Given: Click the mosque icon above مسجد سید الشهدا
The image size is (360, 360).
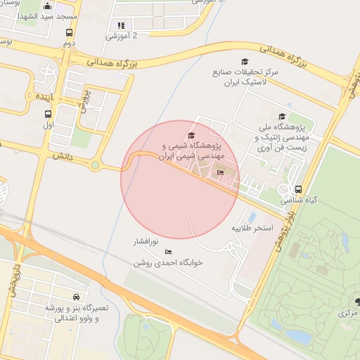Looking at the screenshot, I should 47,6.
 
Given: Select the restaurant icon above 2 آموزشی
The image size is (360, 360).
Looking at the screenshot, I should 121,25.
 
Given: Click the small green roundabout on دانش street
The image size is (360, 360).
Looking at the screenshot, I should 94,166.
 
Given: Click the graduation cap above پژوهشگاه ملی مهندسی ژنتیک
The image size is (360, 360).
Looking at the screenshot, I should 282,117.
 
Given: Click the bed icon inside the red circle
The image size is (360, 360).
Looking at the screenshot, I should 220,172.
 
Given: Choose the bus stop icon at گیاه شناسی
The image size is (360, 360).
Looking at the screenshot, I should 299,189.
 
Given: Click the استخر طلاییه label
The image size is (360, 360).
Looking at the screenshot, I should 252,229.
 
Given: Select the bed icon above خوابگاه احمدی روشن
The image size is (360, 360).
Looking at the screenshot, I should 168,252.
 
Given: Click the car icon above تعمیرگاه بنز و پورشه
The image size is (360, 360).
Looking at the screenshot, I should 76,297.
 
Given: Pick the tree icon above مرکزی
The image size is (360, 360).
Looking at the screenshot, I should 358,302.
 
